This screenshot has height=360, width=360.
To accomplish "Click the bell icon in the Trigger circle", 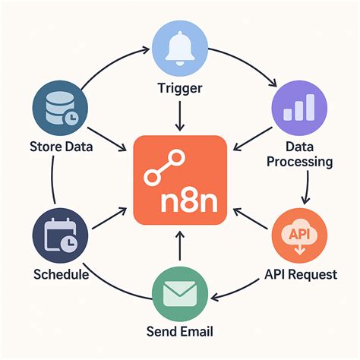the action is pyautogui.click(x=180, y=49).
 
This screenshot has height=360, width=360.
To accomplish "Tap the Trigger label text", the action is pyautogui.click(x=180, y=89).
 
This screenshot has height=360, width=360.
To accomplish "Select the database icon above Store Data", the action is pyautogui.click(x=62, y=109).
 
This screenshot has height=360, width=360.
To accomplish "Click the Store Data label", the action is pyautogui.click(x=62, y=147).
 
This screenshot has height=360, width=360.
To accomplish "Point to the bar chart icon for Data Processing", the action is pyautogui.click(x=299, y=108).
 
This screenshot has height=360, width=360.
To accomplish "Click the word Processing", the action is pyautogui.click(x=300, y=162).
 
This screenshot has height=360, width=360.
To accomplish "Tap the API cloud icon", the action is pyautogui.click(x=299, y=236).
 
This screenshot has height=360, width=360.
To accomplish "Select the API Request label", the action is pyautogui.click(x=301, y=274).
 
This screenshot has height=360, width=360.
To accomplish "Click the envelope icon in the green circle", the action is pyautogui.click(x=180, y=294).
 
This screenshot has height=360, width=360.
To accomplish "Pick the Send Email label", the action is pyautogui.click(x=180, y=331).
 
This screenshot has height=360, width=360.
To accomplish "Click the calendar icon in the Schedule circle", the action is pyautogui.click(x=61, y=235).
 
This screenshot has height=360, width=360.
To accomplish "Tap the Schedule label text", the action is pyautogui.click(x=62, y=274).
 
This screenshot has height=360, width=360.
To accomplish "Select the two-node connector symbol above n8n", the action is pyautogui.click(x=165, y=166).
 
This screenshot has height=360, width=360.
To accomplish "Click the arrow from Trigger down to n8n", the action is pyautogui.click(x=180, y=116).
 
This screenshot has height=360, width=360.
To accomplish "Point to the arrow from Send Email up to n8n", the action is pyautogui.click(x=180, y=245).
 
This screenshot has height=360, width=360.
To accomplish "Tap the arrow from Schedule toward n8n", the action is pyautogui.click(x=109, y=218).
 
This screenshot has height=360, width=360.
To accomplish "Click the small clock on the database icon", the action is pyautogui.click(x=71, y=117).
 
